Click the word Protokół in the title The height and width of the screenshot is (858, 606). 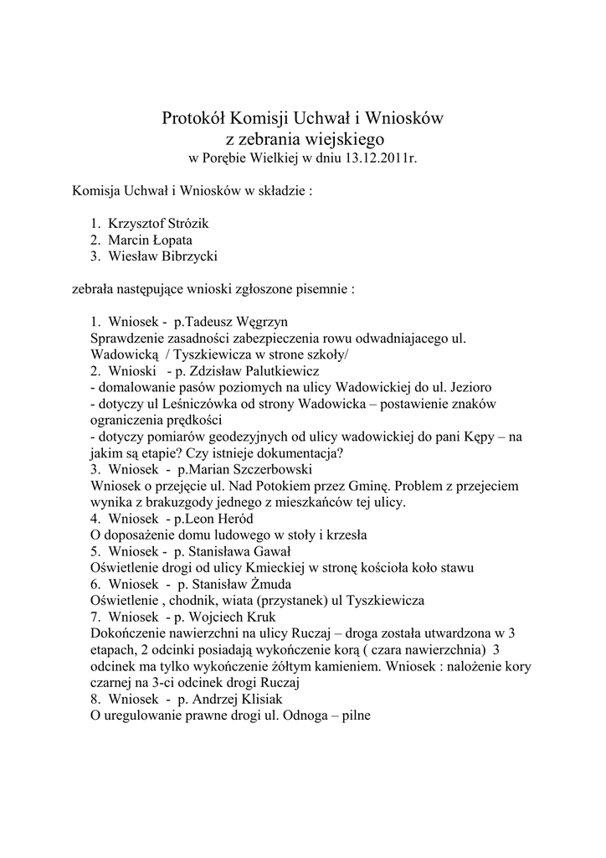[x=193, y=120]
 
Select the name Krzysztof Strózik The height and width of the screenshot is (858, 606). [x=157, y=224]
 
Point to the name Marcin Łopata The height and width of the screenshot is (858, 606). [x=150, y=240]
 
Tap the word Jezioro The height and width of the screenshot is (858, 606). [x=466, y=387]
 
